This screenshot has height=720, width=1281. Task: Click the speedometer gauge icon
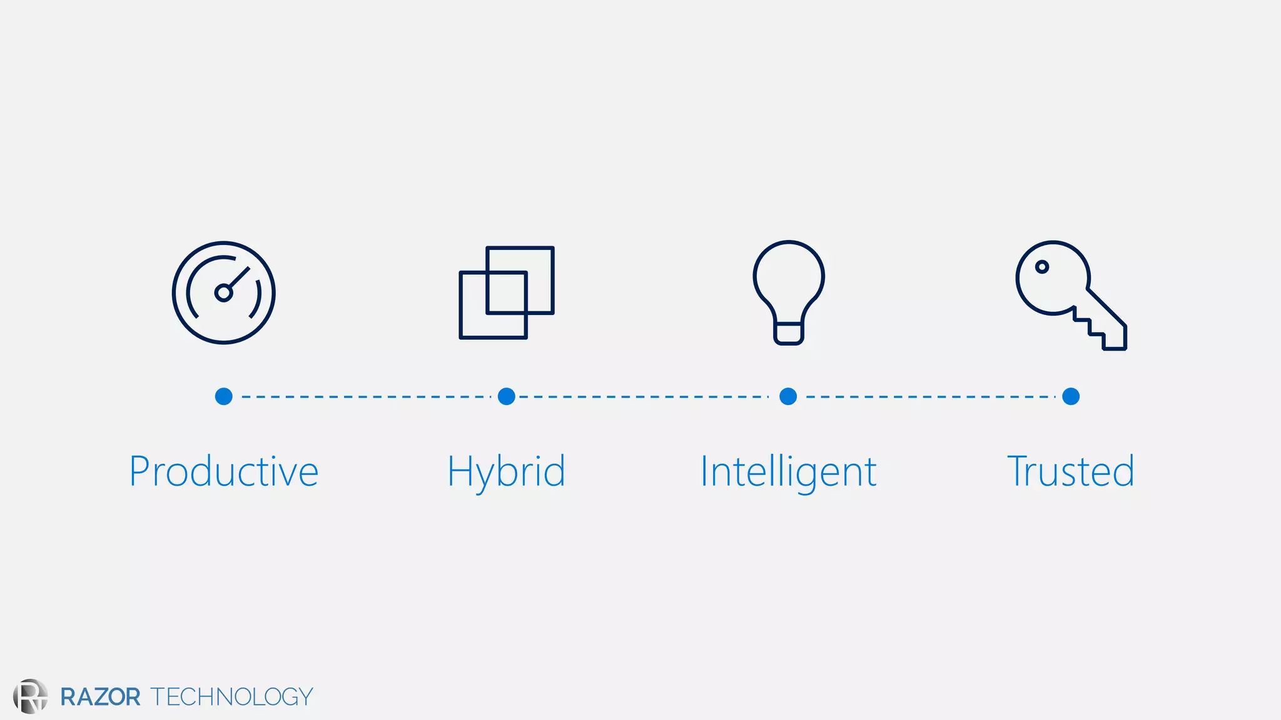pos(224,292)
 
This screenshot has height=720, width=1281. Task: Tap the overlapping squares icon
pos(507,292)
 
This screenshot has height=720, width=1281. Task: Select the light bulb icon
pos(789,292)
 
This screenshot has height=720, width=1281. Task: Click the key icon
pos(1070,294)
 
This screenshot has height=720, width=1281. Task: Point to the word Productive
pos(224,471)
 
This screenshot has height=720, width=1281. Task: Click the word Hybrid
pos(507,472)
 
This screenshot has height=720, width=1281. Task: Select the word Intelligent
pos(788,472)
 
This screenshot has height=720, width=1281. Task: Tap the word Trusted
pos(1071,471)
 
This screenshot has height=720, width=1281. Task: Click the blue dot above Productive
pos(224,396)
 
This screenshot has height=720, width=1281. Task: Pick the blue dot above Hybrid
pos(507,396)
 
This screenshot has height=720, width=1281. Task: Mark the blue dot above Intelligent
pos(788,396)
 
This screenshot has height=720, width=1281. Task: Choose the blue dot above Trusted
pos(1071,396)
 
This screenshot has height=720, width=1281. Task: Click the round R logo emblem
pos(30,696)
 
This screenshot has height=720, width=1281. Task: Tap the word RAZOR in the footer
pos(100,697)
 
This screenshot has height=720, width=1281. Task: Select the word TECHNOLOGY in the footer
pos(231,697)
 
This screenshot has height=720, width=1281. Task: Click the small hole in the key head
pos(1042,267)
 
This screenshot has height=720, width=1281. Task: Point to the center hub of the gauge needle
pos(223,292)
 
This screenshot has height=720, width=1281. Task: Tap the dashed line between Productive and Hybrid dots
pos(366,396)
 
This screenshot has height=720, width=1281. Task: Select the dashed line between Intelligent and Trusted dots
pos(930,396)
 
